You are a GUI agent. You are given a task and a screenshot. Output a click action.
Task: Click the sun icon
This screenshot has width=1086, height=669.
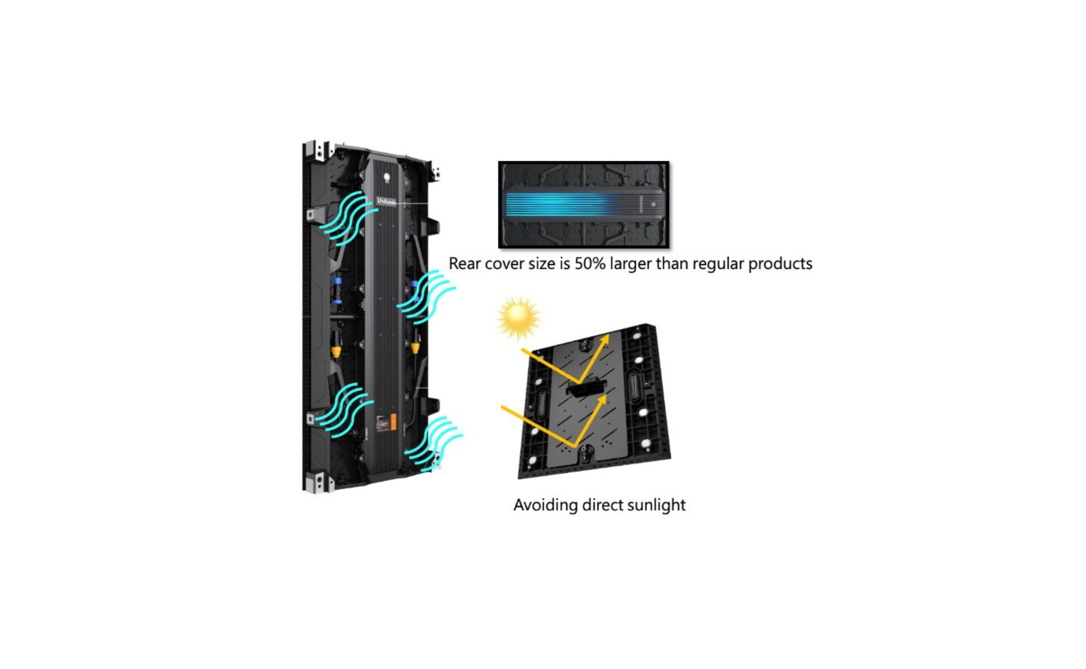pyautogui.click(x=518, y=317)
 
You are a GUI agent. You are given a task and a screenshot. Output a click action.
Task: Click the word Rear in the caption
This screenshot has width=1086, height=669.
pyautogui.click(x=465, y=264)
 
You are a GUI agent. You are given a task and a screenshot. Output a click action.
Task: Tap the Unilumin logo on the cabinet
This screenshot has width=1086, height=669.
pyautogui.click(x=386, y=201)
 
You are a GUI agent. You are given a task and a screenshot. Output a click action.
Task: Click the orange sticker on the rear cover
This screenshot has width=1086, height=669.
pyautogui.click(x=393, y=422)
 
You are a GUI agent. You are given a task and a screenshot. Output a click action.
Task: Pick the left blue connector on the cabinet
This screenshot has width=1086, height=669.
pyautogui.click(x=338, y=290)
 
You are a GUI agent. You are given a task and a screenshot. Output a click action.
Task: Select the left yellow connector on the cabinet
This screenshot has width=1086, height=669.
pyautogui.click(x=336, y=352)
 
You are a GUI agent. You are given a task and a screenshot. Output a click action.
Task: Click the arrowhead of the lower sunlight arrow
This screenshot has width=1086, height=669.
pyautogui.click(x=602, y=400)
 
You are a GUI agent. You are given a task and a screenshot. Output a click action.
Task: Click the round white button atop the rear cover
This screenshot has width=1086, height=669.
pyautogui.click(x=387, y=177)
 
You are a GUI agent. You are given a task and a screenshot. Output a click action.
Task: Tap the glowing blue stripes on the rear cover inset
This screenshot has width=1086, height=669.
pyautogui.click(x=558, y=205)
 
